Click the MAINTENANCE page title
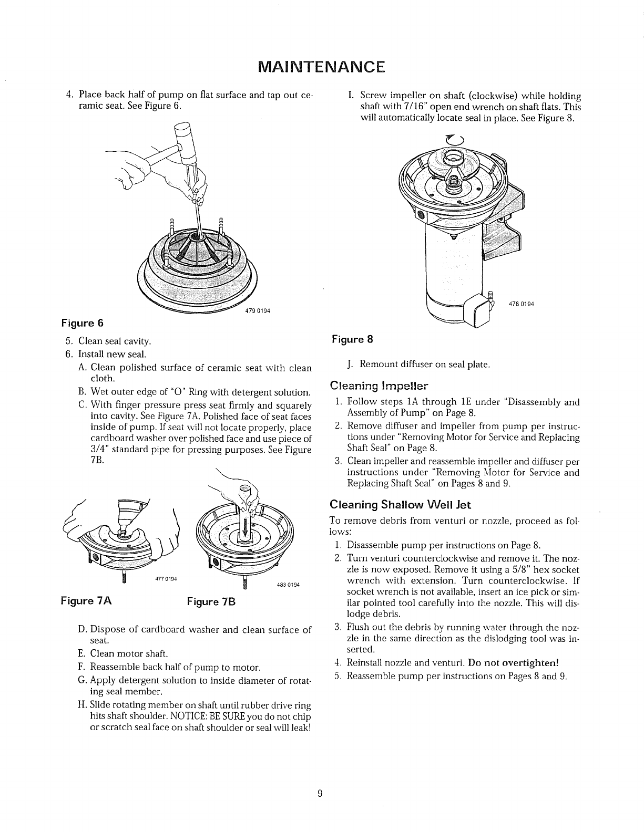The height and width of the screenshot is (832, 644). [322, 67]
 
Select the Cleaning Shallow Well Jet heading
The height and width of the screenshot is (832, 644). [400, 505]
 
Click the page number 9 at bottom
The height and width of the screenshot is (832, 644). [320, 794]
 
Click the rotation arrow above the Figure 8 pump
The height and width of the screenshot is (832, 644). [452, 140]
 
